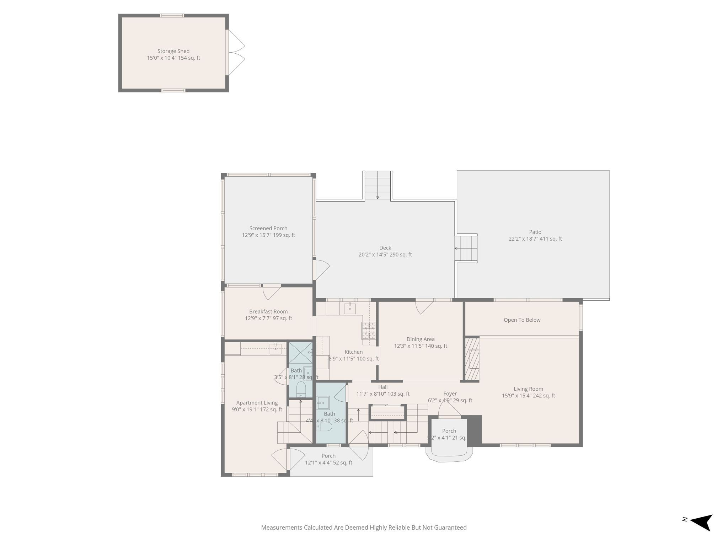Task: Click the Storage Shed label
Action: click(173, 51)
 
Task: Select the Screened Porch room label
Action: click(268, 229)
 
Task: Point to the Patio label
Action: click(535, 232)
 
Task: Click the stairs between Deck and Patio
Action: click(466, 248)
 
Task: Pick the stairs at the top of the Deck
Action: click(378, 185)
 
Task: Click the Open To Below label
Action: click(522, 320)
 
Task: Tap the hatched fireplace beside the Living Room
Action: click(472, 359)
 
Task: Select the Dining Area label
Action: click(421, 339)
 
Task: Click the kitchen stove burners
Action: click(369, 331)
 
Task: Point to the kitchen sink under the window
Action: click(350, 309)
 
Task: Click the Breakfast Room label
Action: click(268, 312)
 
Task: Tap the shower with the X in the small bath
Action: click(300, 352)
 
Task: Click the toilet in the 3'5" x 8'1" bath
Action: click(301, 389)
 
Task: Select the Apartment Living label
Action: click(257, 403)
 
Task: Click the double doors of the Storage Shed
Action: click(235, 53)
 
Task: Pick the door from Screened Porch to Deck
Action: click(322, 270)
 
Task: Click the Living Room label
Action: click(528, 389)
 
